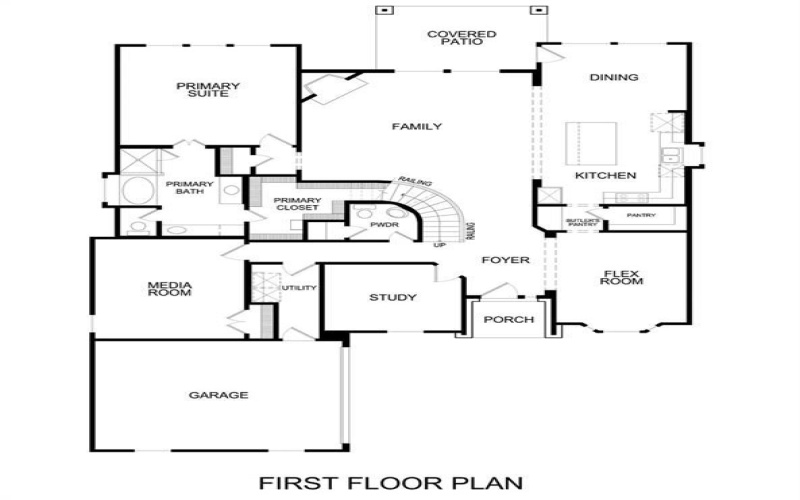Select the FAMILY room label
point(417,126)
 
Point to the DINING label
point(614,77)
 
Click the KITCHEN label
point(605,176)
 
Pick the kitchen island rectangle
point(587,144)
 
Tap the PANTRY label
point(641,215)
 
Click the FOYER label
point(505,260)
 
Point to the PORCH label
point(508,320)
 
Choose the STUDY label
point(392,298)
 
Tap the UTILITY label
point(298,289)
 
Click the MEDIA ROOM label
point(169,289)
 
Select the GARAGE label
point(218,395)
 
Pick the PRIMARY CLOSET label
point(297,203)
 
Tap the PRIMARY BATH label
point(189,187)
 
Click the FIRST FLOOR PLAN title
point(391,483)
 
